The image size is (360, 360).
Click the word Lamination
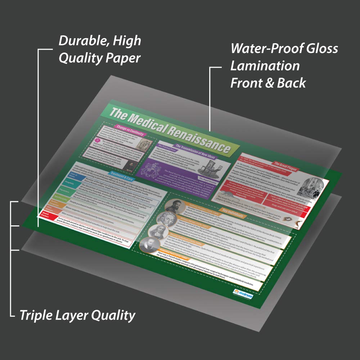tap(265, 66)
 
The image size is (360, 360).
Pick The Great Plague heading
tap(286, 166)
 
